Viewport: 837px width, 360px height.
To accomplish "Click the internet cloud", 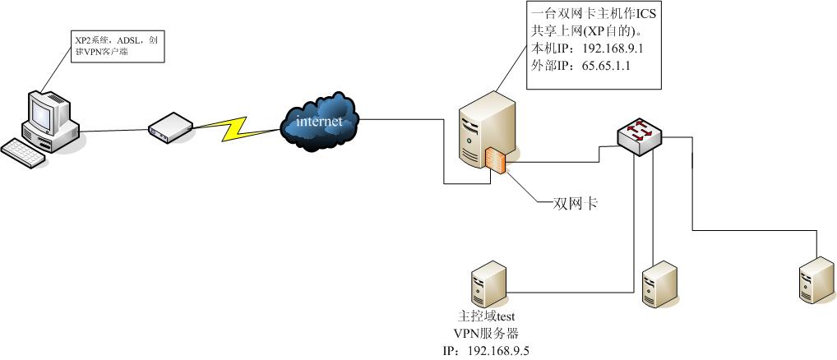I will click(319, 123).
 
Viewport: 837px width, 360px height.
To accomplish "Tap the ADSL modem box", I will click(170, 127).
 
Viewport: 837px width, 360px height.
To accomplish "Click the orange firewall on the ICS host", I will click(496, 160).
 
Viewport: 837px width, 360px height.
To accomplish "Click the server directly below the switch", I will click(659, 284).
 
